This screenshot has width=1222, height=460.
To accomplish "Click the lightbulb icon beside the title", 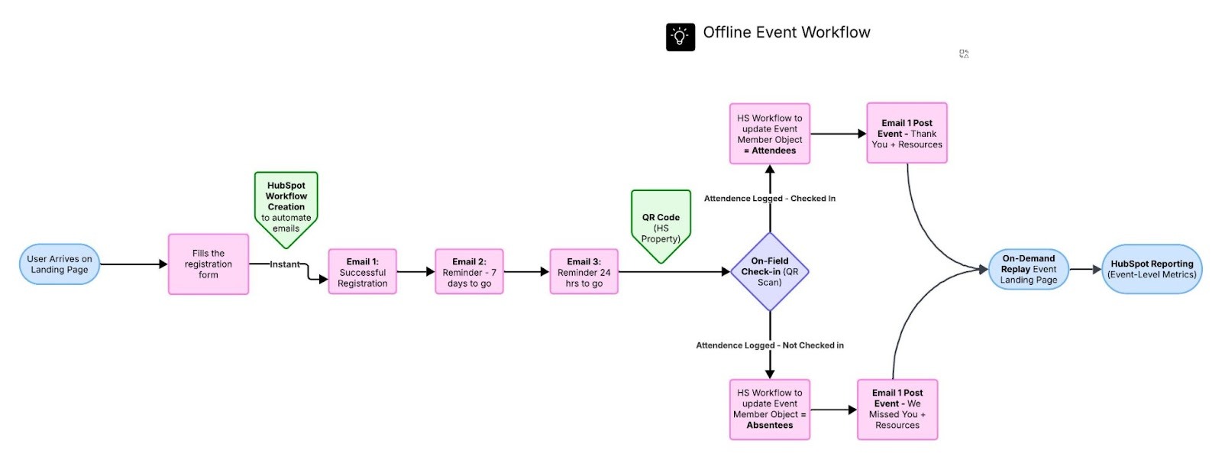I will [680, 37].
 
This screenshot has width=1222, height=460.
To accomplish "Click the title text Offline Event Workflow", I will [786, 33].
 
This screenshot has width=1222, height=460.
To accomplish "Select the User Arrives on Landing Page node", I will [60, 264].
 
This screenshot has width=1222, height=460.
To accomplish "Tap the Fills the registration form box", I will [208, 264].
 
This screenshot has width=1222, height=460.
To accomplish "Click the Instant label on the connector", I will [284, 264].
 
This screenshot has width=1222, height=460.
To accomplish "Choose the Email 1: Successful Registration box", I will [362, 272].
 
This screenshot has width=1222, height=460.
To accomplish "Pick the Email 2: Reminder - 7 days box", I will [469, 272].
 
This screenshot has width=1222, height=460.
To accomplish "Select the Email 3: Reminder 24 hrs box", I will [584, 272].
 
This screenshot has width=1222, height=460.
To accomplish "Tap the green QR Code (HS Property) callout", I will [661, 224].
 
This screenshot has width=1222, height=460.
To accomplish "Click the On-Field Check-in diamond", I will [769, 272].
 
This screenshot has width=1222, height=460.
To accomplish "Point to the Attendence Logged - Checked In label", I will [769, 199].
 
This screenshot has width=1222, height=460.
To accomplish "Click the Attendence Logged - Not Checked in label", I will [769, 345].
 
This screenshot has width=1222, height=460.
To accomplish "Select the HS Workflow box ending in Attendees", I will [769, 134].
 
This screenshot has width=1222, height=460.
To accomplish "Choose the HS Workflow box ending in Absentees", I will [769, 410].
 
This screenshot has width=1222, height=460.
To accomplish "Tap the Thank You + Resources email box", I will [907, 134].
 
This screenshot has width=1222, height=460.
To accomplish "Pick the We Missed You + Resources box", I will [897, 410].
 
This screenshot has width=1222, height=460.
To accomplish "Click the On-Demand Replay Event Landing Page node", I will [1028, 269].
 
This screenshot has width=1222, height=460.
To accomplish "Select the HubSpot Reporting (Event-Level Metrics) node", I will [1151, 269].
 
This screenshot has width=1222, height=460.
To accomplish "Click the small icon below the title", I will [964, 53].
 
